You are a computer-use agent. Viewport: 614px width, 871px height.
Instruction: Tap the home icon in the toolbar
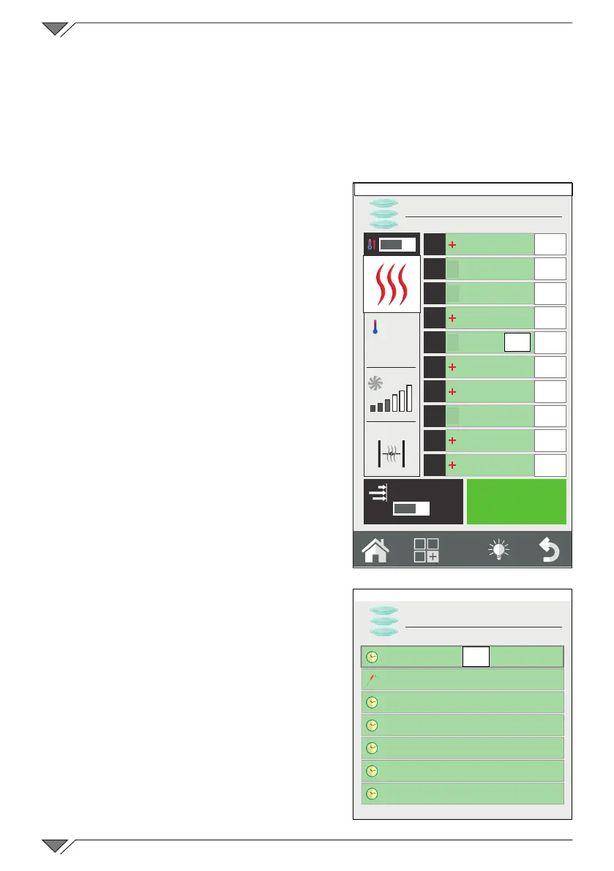point(375,550)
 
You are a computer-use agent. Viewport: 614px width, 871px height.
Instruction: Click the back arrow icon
point(549,550)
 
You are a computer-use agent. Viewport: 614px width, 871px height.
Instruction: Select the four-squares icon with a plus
point(427,550)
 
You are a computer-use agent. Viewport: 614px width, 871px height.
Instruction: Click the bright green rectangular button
point(516,502)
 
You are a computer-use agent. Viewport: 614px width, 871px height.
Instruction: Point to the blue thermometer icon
point(375,327)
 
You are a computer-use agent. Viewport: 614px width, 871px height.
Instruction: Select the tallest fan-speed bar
point(410,397)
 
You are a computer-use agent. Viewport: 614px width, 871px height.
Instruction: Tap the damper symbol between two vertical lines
point(392,454)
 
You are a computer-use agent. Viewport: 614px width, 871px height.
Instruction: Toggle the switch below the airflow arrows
point(411,508)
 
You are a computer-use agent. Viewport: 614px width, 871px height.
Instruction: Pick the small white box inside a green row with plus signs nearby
point(517,342)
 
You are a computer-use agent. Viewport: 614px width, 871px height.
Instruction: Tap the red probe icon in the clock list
point(372,679)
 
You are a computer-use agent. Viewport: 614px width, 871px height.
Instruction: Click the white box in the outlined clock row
point(476,657)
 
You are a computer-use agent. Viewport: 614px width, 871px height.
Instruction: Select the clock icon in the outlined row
point(372,657)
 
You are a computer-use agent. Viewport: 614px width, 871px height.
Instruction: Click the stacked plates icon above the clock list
point(383,621)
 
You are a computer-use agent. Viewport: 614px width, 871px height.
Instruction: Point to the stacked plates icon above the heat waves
point(383,213)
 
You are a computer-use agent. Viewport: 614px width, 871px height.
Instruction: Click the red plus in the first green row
point(452,245)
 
